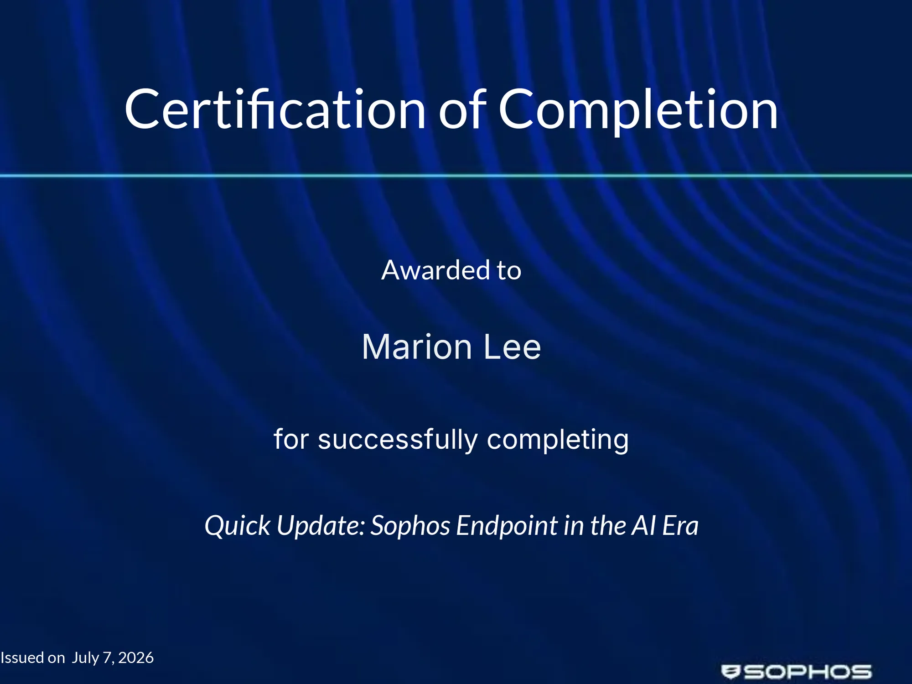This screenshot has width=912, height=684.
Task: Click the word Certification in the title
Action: [275, 109]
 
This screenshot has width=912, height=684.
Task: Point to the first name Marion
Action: [417, 347]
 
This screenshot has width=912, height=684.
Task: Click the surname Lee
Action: [512, 347]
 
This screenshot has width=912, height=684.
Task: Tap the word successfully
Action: [398, 440]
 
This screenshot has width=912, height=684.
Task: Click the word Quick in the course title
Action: [237, 526]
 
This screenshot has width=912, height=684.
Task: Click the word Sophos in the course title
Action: [410, 526]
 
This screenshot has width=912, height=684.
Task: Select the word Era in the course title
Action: [680, 526]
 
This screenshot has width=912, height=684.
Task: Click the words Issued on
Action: [33, 658]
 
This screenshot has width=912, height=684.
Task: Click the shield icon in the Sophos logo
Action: [731, 672]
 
